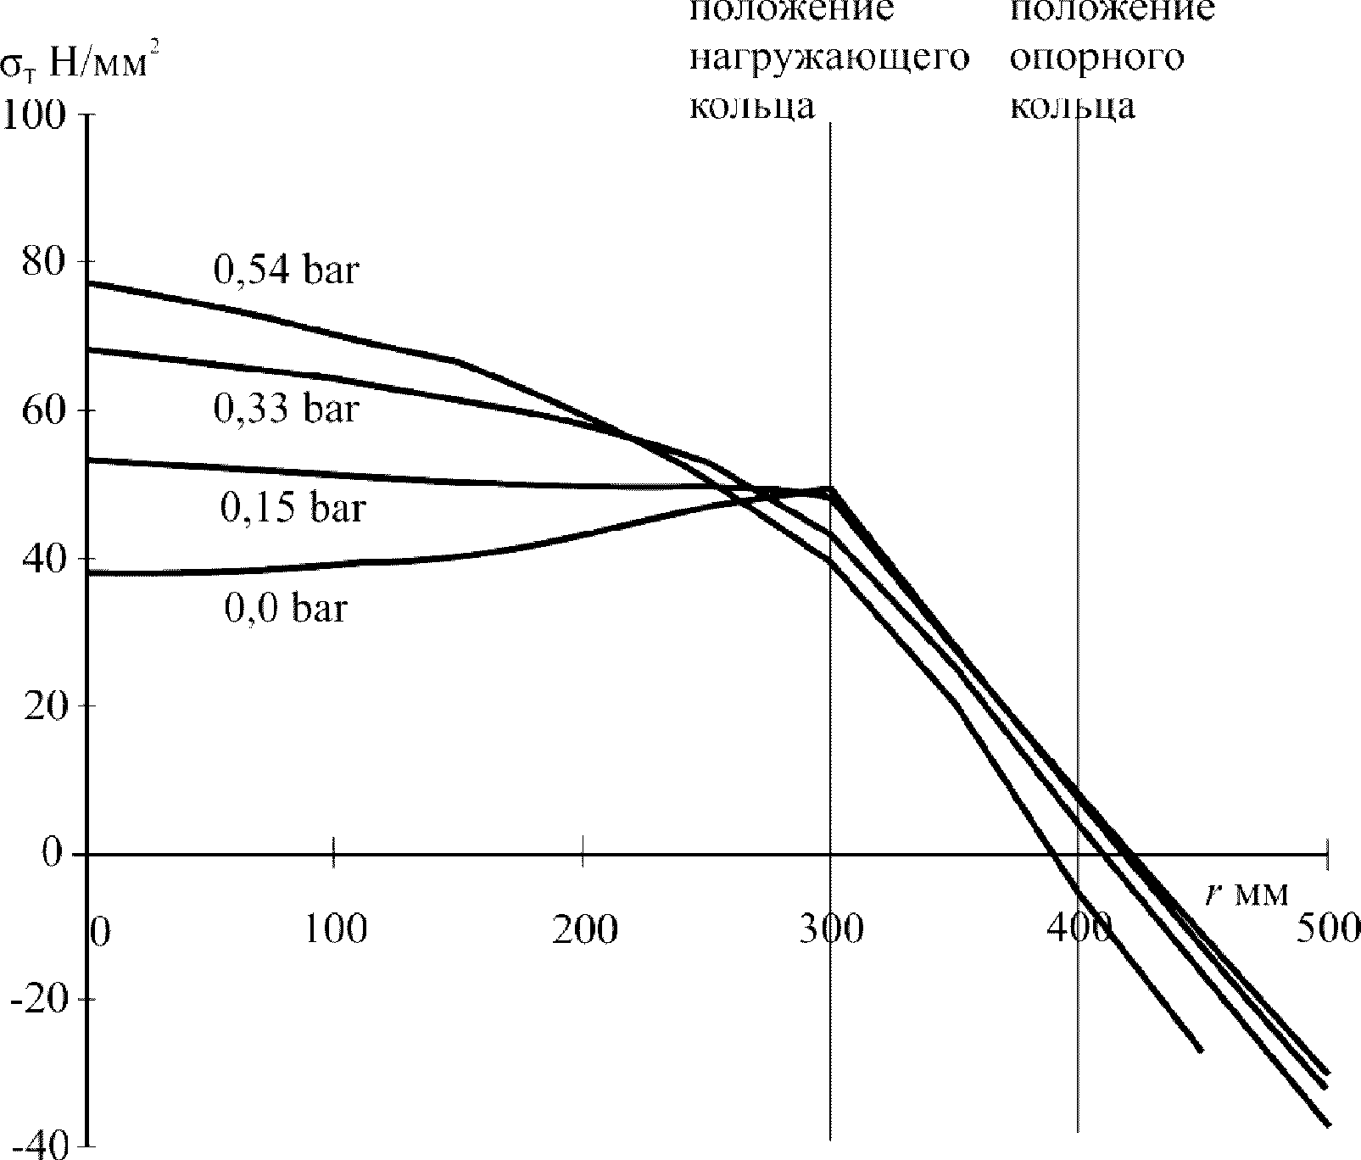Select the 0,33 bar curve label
tap(287, 410)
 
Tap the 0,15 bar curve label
tap(293, 508)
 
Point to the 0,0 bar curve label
tap(286, 608)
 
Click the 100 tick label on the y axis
tap(35, 114)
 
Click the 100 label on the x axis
tap(337, 929)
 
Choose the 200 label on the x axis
tap(584, 929)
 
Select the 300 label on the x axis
tap(832, 929)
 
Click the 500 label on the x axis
tap(1328, 929)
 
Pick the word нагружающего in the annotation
tap(829, 59)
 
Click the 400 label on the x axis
tap(1079, 929)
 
